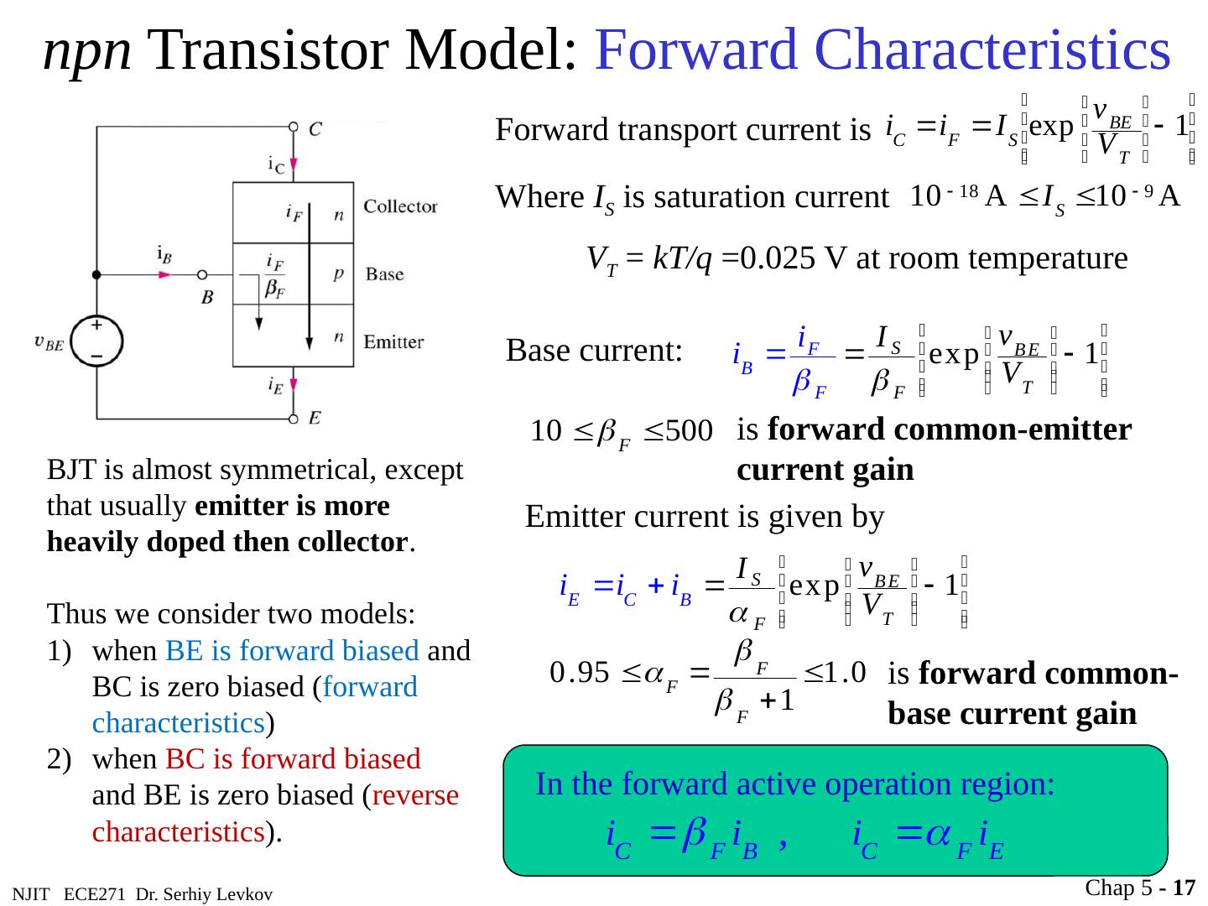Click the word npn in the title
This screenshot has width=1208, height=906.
(x=86, y=50)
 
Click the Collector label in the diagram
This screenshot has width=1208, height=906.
(x=400, y=206)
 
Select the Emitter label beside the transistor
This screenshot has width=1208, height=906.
(x=393, y=342)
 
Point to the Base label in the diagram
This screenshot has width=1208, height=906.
(x=385, y=274)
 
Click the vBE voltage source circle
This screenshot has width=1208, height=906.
(x=97, y=340)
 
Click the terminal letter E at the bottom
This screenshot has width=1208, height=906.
(x=314, y=417)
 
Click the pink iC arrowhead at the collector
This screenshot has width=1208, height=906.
(x=294, y=164)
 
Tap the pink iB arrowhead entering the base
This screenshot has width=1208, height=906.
(x=164, y=274)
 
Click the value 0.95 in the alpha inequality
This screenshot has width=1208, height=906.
(x=579, y=673)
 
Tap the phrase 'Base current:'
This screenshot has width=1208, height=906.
(x=594, y=351)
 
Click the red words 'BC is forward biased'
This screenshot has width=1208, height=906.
(x=293, y=759)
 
